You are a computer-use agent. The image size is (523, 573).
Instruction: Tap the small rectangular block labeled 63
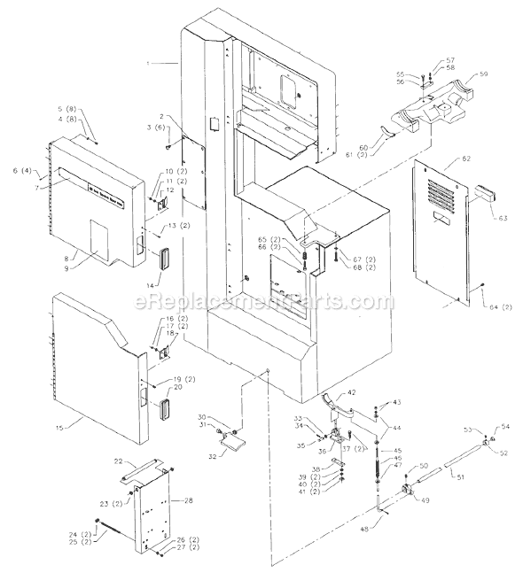[x=488, y=194]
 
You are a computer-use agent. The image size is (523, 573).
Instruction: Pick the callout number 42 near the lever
[x=352, y=392]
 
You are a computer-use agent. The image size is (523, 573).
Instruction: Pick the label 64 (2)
[x=497, y=307]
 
